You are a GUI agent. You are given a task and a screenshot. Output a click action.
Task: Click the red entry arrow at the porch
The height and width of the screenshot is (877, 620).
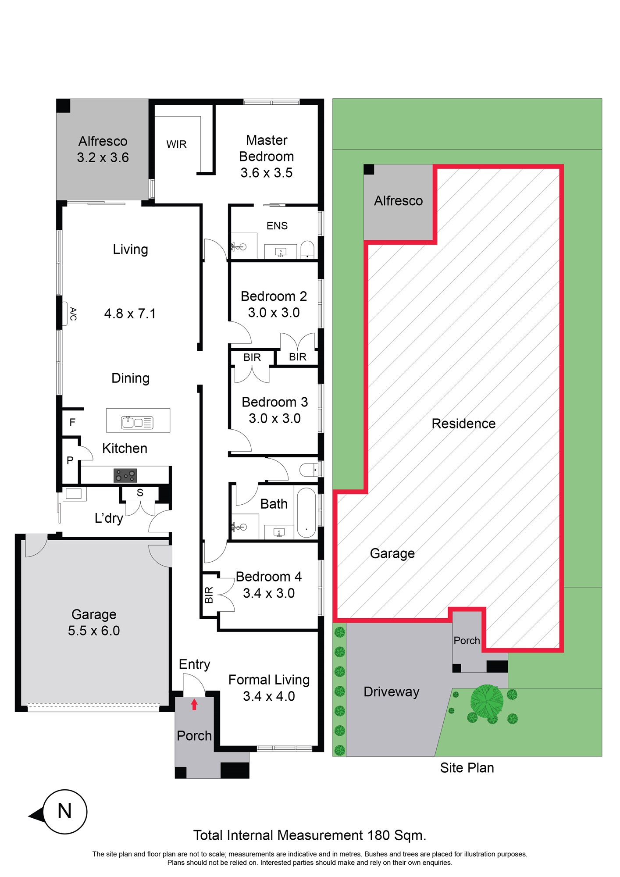pos(194,704)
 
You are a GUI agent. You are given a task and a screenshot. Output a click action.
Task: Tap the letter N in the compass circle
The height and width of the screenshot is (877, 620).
pos(65,811)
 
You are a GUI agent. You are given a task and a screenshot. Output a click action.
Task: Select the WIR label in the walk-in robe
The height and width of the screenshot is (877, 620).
pos(176,144)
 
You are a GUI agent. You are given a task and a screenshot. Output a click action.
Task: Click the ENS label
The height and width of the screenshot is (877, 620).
pos(277,226)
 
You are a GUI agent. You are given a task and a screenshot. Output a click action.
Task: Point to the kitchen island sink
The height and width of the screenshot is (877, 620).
pos(137,422)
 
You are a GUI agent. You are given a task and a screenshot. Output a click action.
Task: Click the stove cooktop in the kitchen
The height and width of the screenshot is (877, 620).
pos(125,475)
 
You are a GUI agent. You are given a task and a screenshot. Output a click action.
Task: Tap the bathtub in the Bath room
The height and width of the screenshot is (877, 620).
pos(306,513)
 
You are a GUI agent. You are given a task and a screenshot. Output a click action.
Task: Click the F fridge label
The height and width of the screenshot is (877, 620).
pos(72,422)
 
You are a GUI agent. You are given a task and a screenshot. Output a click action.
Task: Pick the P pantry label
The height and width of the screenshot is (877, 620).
pos(70,460)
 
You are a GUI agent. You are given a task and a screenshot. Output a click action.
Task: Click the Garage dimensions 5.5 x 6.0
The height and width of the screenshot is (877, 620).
pos(94,631)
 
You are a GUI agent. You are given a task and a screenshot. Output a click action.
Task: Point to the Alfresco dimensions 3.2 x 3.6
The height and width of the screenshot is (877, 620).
pos(103,157)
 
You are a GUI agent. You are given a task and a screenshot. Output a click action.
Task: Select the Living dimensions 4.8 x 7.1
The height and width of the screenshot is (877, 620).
pos(130,314)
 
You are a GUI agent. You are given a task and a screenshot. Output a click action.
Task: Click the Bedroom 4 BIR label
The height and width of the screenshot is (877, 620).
pos(209,595)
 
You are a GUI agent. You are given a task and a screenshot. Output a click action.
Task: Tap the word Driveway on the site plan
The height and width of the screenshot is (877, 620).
pos(392,692)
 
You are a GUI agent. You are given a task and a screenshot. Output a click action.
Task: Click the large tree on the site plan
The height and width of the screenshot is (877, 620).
pos(487,701)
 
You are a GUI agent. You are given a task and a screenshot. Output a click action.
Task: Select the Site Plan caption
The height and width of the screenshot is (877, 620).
pos(467,768)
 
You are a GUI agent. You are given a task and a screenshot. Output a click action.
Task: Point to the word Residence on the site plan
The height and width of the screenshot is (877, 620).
pos(463,424)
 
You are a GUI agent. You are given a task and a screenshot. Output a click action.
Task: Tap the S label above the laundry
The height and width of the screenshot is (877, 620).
pos(140,493)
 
